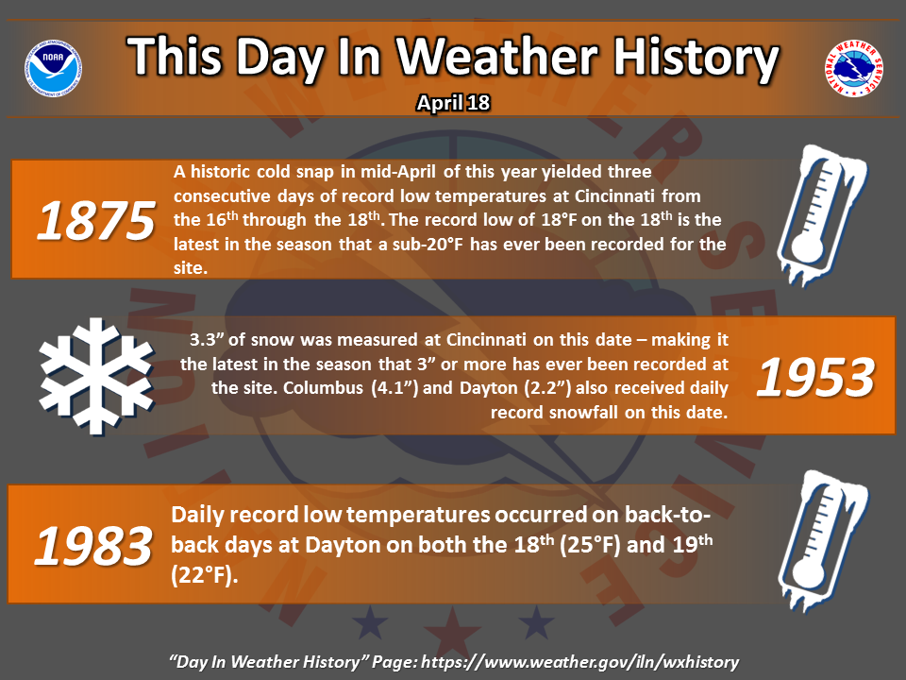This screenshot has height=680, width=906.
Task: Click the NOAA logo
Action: (x=53, y=68)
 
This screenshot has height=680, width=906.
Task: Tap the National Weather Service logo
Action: (x=853, y=68)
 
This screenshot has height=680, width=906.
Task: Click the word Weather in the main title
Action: (x=496, y=56)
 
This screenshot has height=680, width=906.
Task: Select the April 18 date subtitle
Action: (x=454, y=103)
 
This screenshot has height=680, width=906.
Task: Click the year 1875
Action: (x=96, y=220)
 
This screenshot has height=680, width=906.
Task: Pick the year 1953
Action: (x=815, y=377)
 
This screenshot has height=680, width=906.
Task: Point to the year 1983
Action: (x=93, y=546)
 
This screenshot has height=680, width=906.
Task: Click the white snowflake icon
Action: (x=96, y=376)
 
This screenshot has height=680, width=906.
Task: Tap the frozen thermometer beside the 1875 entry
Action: (x=821, y=214)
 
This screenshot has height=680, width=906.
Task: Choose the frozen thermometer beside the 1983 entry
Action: (x=822, y=540)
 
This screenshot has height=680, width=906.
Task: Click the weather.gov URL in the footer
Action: (x=580, y=662)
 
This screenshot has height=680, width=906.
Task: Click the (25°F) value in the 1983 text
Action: (x=590, y=545)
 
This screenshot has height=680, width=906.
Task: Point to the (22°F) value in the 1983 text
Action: (x=205, y=575)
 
